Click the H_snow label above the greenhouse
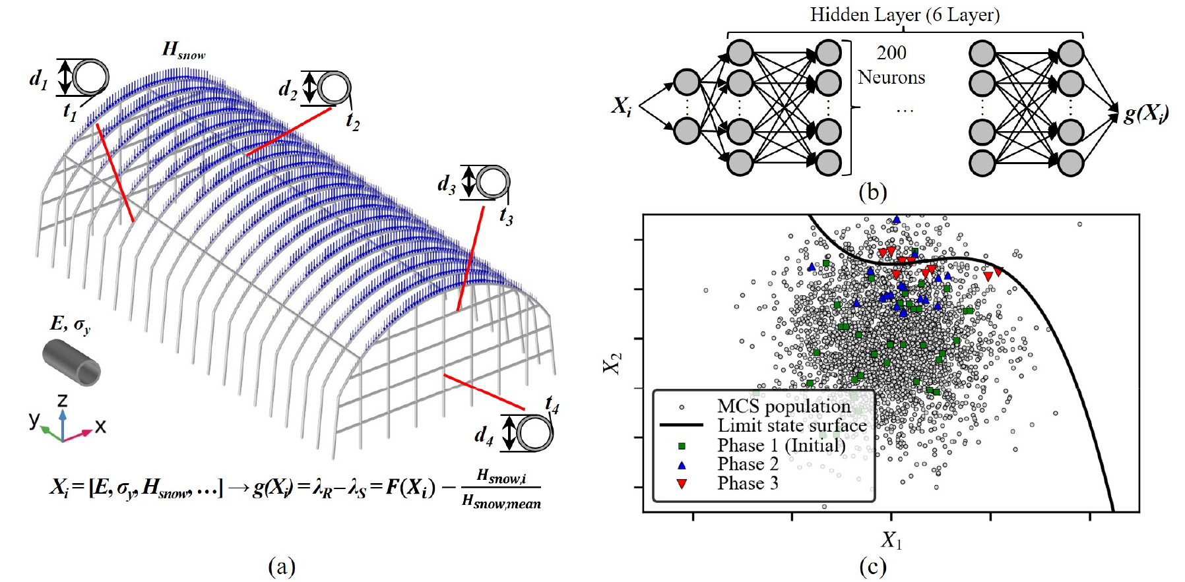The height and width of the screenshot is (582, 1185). tap(183, 50)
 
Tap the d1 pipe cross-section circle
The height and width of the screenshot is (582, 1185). tap(90, 77)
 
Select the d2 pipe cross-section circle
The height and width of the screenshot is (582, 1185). tap(334, 88)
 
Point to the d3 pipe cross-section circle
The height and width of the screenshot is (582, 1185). tap(493, 183)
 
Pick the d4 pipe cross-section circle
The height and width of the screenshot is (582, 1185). tap(534, 433)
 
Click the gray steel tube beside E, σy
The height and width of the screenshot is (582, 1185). tap(71, 363)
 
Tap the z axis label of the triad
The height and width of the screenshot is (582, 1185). tap(62, 400)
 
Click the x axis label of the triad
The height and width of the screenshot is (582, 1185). tap(100, 426)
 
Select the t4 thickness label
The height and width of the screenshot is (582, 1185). tap(552, 403)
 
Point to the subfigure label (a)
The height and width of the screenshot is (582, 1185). tap(282, 566)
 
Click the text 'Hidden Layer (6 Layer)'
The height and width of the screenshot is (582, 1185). tap(905, 15)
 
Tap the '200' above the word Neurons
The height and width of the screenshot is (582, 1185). tap(891, 53)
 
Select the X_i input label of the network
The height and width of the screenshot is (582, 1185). tap(621, 105)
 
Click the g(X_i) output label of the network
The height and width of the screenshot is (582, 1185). tap(1146, 113)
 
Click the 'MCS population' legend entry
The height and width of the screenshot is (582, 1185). tap(783, 406)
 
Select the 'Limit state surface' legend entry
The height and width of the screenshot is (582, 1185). tap(791, 426)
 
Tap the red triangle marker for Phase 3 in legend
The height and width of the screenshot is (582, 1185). tap(682, 484)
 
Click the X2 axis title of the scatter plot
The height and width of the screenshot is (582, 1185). tap(613, 363)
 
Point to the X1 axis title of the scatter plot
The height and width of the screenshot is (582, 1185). tap(891, 540)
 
